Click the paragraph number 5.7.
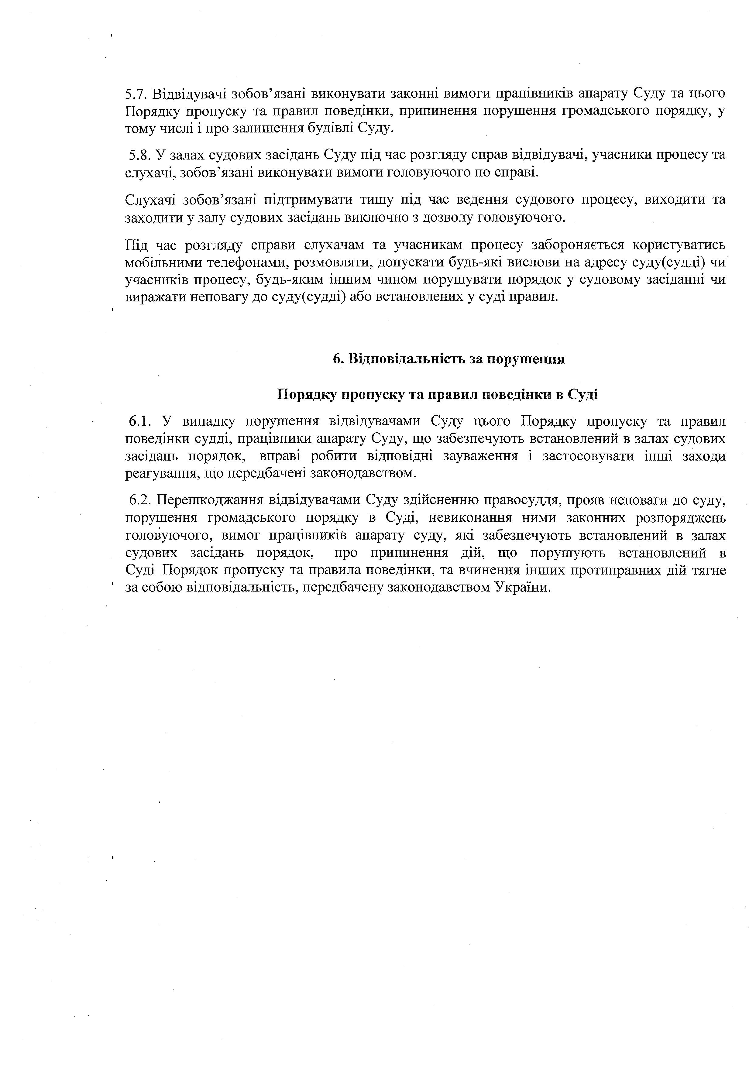coord(136,94)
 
